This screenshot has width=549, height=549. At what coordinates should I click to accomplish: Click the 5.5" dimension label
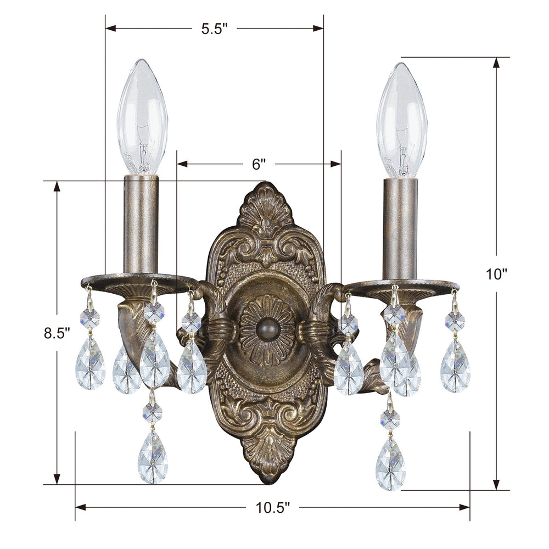click(214, 29)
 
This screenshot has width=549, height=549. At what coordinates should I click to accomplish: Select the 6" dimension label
click(259, 164)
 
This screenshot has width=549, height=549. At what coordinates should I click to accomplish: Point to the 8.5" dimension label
click(57, 332)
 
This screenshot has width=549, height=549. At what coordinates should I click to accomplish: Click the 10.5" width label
click(272, 508)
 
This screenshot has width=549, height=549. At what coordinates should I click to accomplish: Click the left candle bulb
click(142, 116)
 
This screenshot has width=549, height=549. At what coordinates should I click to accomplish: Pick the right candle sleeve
click(400, 228)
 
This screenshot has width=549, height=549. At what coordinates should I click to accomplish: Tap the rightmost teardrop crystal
click(455, 365)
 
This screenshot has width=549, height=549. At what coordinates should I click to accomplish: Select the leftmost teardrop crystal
click(90, 363)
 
